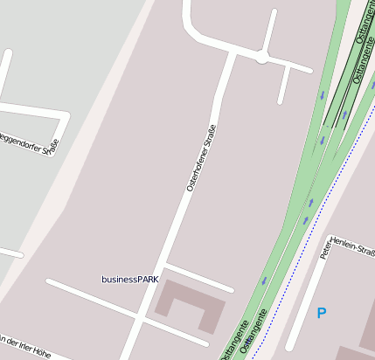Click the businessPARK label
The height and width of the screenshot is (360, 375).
point(129,280)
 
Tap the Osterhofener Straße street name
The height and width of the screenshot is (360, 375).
point(201,158)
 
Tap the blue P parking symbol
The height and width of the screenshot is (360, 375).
point(322,312)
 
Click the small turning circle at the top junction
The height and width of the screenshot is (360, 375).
point(261,58)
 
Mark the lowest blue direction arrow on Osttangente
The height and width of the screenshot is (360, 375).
point(263,281)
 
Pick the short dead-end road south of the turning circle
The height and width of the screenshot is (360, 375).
point(284,85)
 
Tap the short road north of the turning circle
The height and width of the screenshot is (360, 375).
point(270,31)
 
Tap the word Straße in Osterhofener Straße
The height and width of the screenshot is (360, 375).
point(209,140)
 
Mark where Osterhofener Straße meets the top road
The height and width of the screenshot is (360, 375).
point(233,54)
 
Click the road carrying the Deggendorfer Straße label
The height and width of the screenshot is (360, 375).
point(35,112)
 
